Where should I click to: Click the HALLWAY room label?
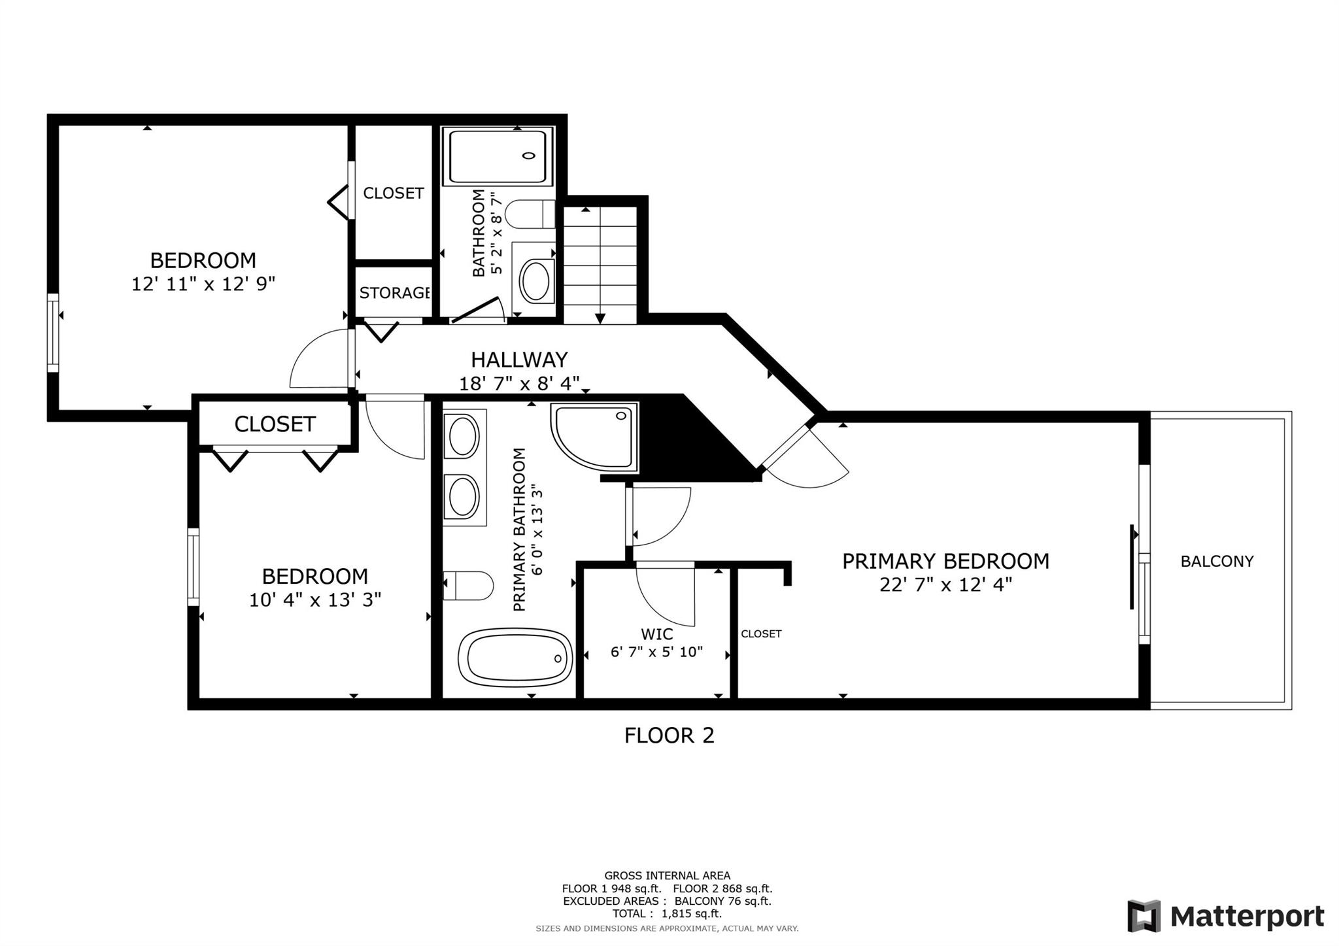[x=519, y=360]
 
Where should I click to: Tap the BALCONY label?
[x=1217, y=561]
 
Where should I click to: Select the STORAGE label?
[x=394, y=293]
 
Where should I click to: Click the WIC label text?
[x=656, y=634]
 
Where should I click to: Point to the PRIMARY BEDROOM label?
[x=945, y=561]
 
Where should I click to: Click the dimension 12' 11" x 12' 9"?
[x=203, y=284]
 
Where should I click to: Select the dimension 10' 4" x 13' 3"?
[x=315, y=600]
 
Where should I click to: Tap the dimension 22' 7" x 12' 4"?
[x=945, y=584]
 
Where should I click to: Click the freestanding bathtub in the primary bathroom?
[x=515, y=658]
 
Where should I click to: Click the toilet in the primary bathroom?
[x=468, y=585]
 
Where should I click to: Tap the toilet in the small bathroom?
[x=530, y=214]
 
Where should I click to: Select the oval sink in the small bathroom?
[x=536, y=282]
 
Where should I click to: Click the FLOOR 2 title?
[x=669, y=735]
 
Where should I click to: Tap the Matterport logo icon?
[x=1144, y=916]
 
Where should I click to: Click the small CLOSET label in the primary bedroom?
[x=761, y=633]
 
